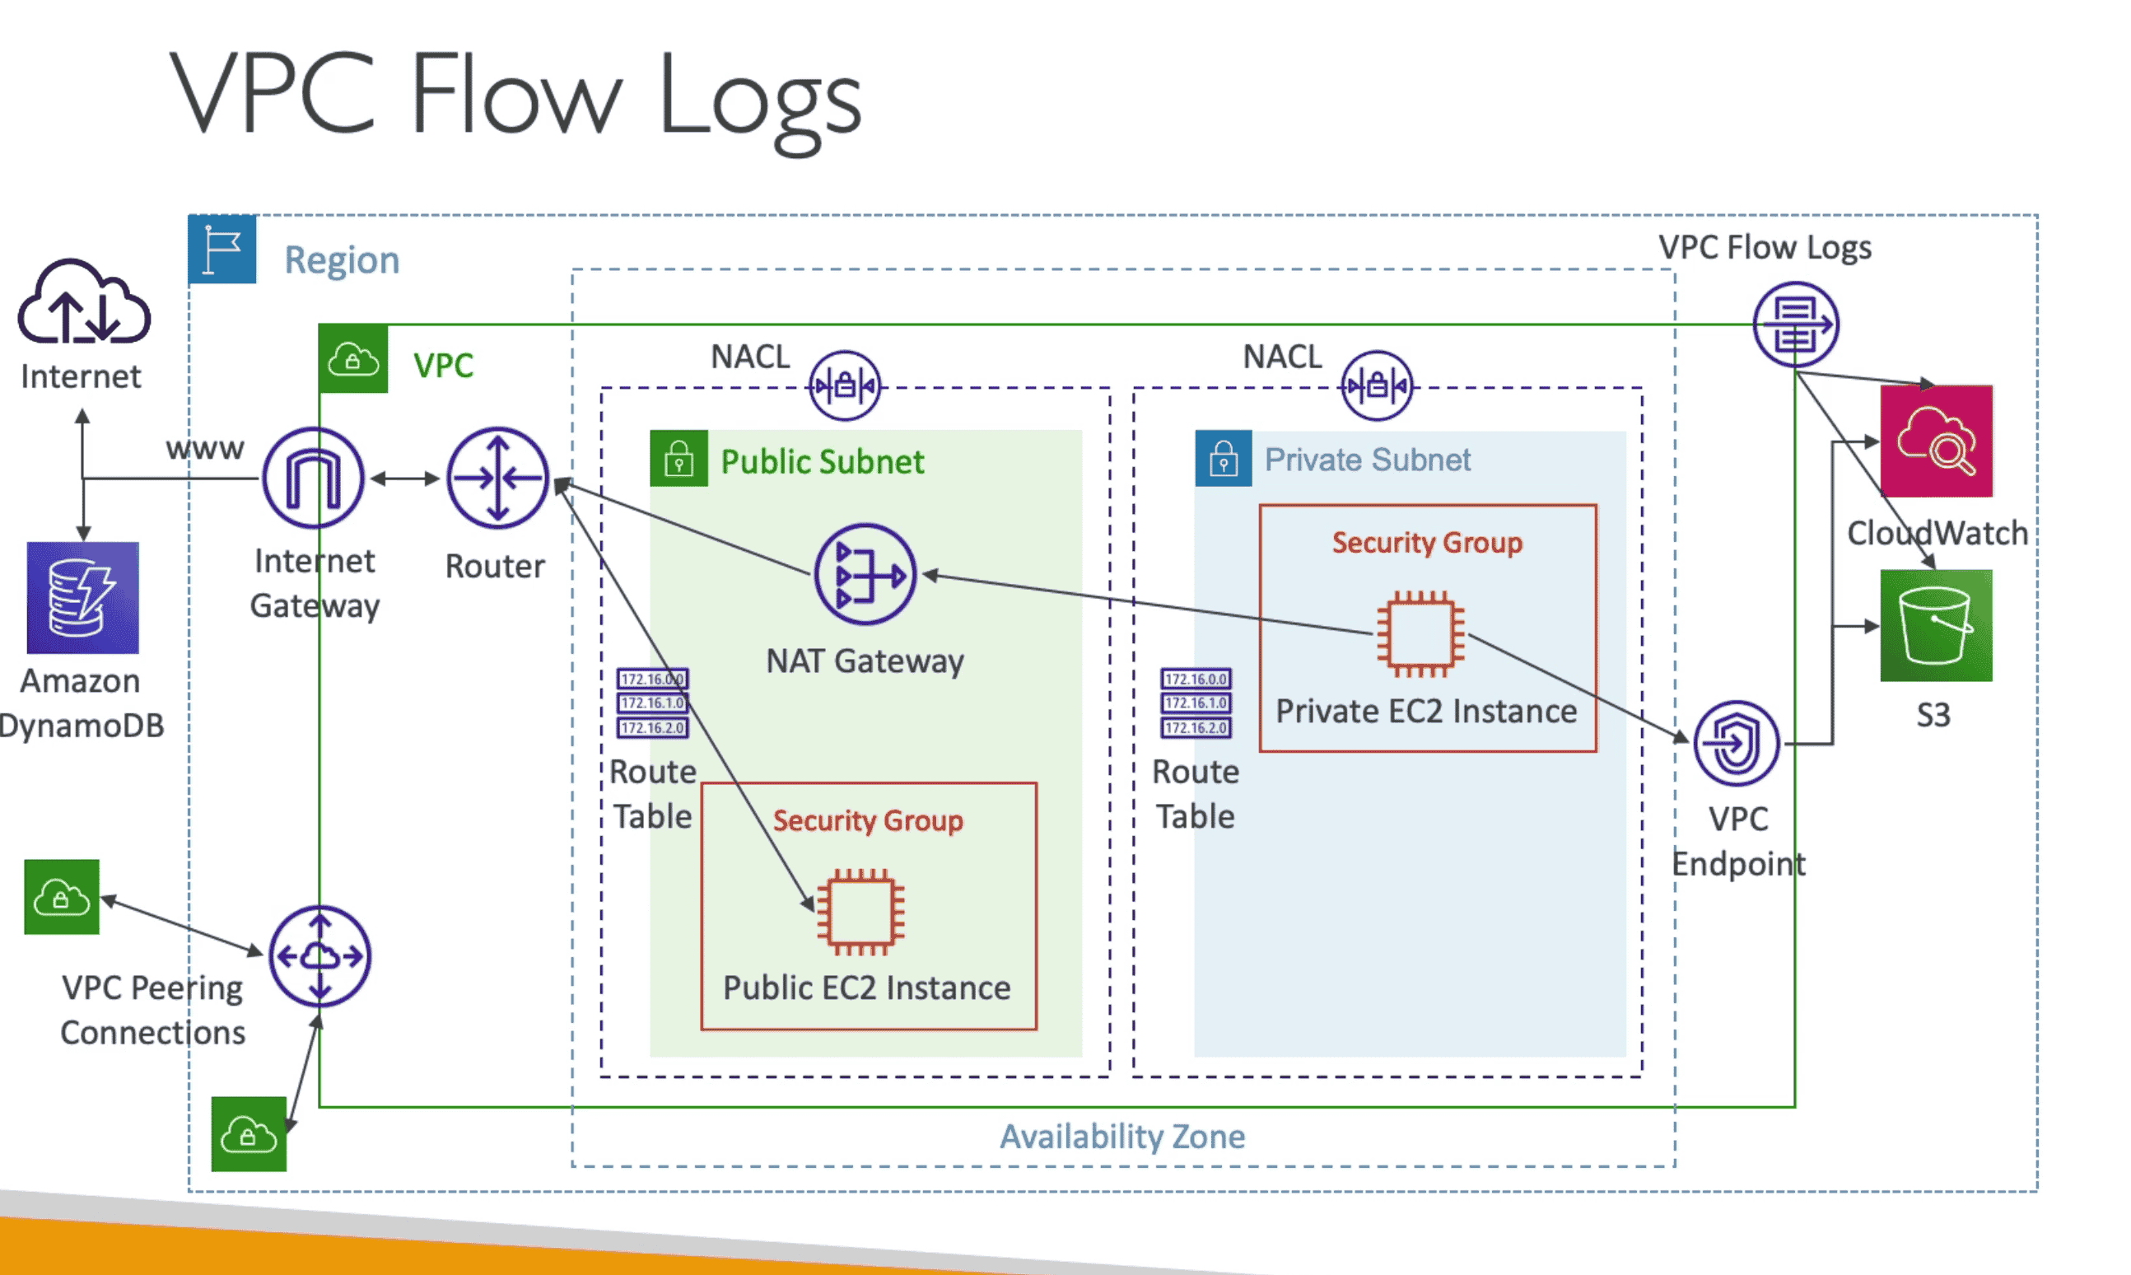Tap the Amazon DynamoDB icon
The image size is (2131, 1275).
tap(82, 597)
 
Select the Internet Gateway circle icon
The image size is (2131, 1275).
tap(314, 478)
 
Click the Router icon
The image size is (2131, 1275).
tap(497, 478)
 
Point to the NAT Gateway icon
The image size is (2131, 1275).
tap(865, 574)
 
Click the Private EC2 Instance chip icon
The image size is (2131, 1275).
tap(1420, 634)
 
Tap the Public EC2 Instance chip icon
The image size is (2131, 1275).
tap(860, 913)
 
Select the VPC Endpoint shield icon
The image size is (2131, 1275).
tap(1736, 743)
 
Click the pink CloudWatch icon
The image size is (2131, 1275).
tap(1935, 441)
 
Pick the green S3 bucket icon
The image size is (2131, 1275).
tap(1935, 625)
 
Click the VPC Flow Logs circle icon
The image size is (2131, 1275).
tap(1795, 325)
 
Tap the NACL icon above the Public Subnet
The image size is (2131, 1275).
tap(844, 385)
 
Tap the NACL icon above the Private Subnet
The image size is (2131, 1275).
tap(1376, 385)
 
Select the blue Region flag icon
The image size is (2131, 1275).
tap(222, 250)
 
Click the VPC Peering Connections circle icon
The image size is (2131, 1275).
tap(319, 955)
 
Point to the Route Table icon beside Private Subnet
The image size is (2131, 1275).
tap(1196, 703)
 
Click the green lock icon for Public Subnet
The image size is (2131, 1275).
tap(678, 459)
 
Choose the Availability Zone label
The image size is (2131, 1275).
tap(1121, 1137)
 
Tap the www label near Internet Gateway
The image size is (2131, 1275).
tap(205, 449)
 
